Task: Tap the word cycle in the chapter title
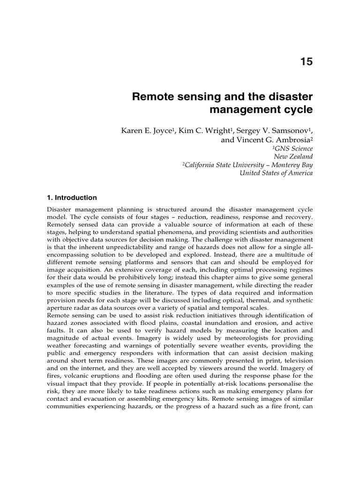tap(295, 111)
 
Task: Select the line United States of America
tap(276, 173)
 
